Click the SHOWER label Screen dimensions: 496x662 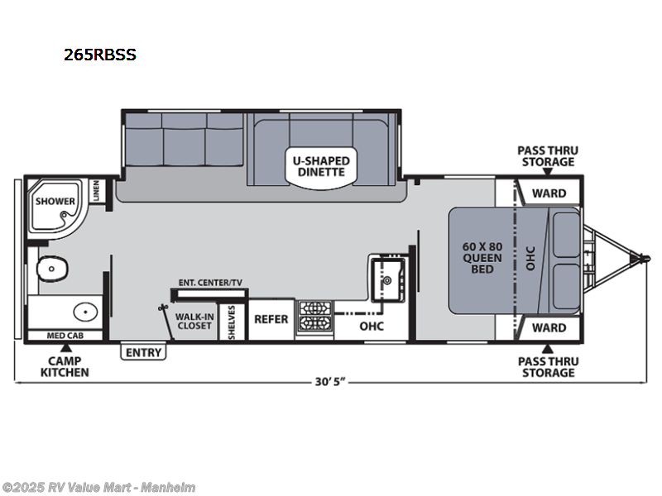[x=55, y=201]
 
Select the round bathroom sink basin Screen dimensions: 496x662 [x=82, y=312]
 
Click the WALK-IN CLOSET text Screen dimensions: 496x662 [x=194, y=320]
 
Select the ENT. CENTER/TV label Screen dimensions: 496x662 [x=210, y=283]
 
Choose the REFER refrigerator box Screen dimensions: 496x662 [x=271, y=319]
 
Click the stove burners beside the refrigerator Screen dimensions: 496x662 [x=314, y=317]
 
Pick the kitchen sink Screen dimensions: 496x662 [x=386, y=277]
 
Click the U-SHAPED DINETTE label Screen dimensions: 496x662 [x=319, y=166]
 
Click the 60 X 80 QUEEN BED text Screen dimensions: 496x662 [x=482, y=257]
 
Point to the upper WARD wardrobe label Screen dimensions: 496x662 [x=549, y=193]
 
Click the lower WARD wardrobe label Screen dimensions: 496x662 [x=549, y=328]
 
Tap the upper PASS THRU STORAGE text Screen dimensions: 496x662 [x=547, y=155]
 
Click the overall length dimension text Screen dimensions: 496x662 [x=329, y=382]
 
